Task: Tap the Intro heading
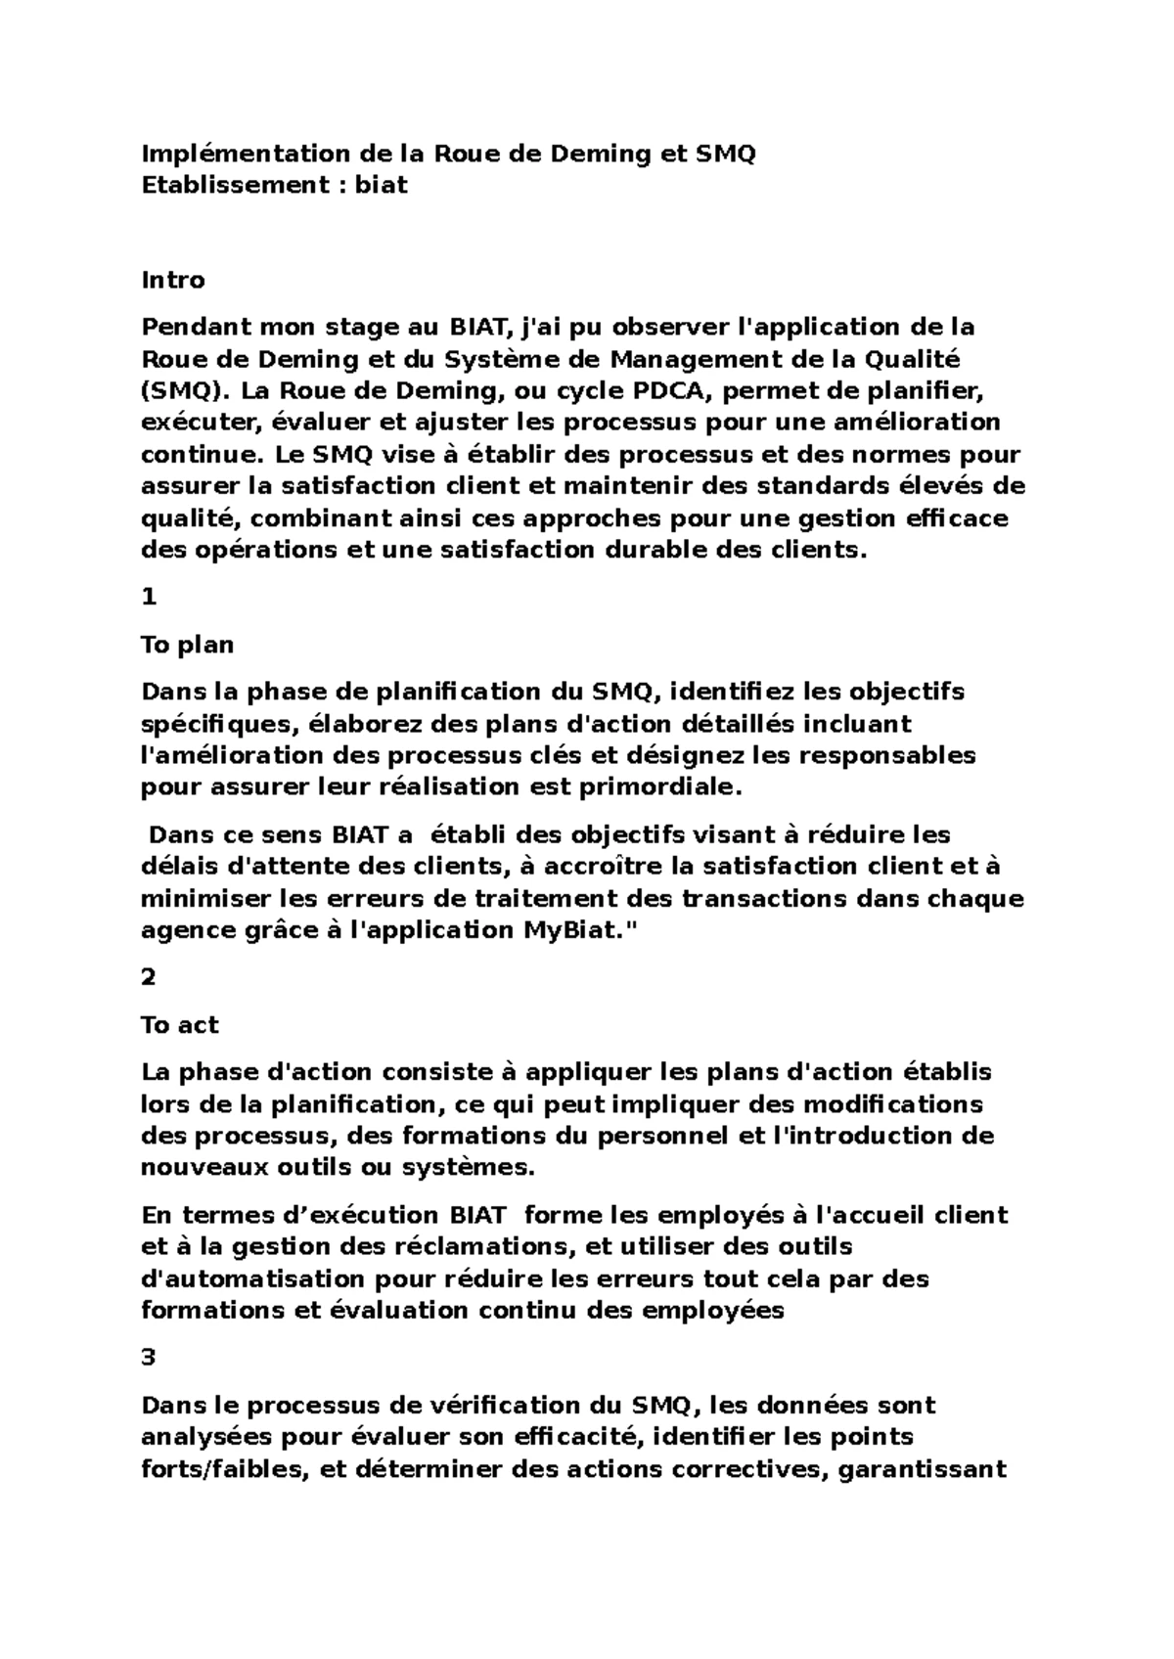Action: (173, 281)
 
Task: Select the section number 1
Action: (149, 597)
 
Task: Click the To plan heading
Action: (188, 645)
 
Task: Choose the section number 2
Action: (149, 977)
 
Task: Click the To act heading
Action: (180, 1025)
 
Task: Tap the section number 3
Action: (149, 1358)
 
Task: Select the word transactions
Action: (755, 898)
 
